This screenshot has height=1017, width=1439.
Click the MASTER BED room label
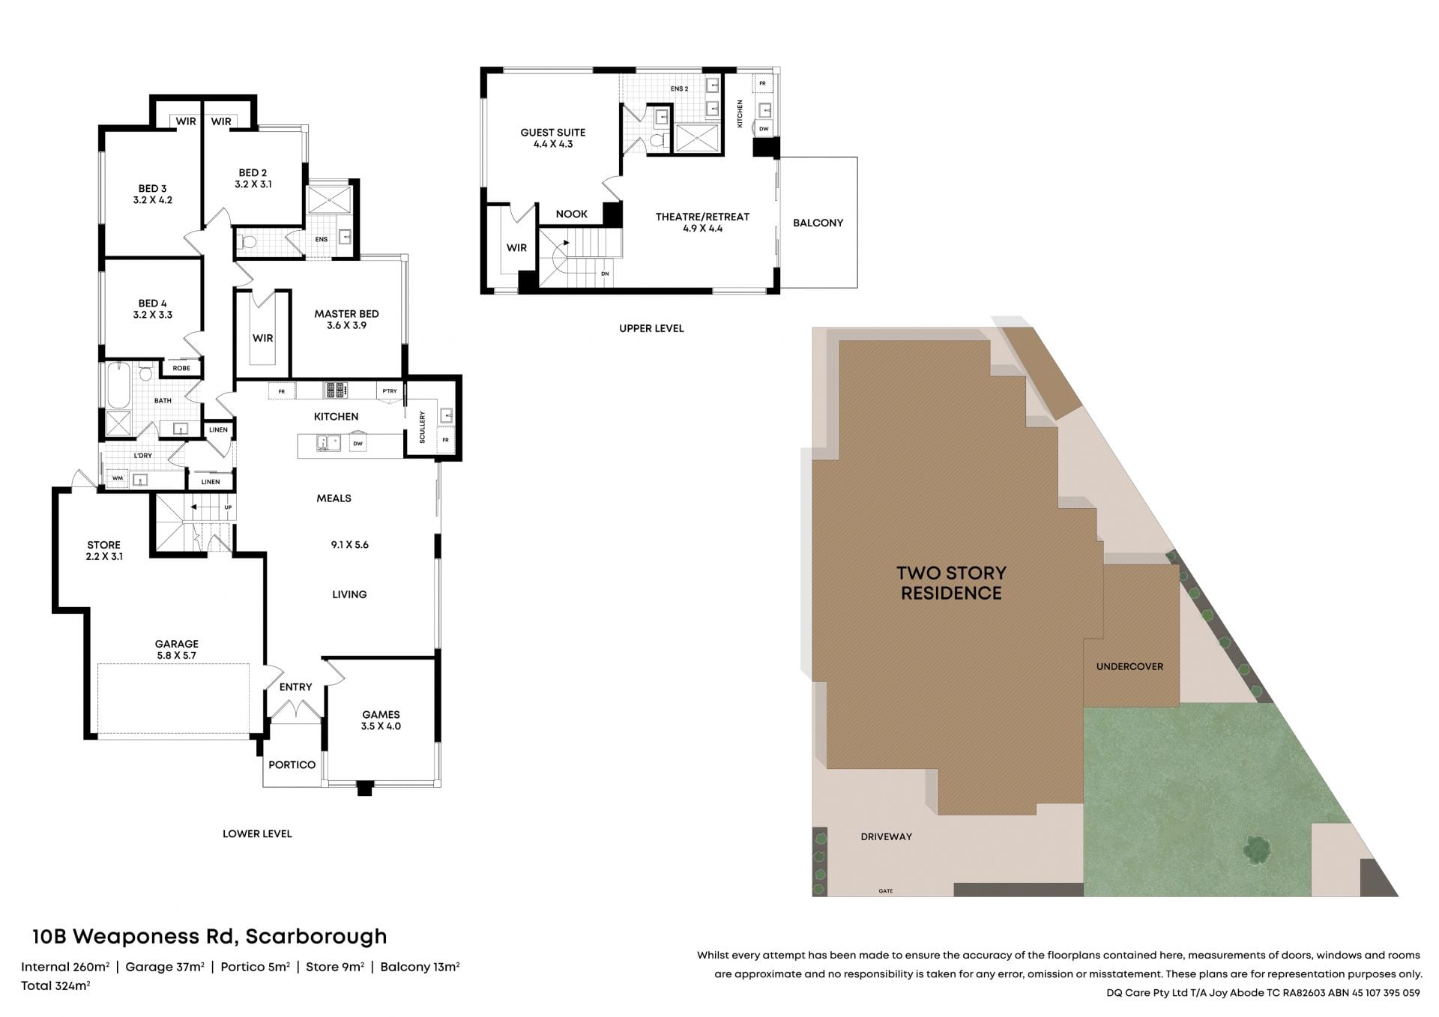coord(346,319)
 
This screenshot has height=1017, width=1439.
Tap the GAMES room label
coord(381,720)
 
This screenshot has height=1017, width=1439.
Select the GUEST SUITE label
coord(553,138)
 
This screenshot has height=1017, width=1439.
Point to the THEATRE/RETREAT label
coord(702,223)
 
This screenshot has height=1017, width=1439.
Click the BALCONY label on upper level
coord(818,223)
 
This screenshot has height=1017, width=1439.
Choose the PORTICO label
coord(292,764)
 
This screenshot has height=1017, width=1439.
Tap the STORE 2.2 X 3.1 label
coord(103,551)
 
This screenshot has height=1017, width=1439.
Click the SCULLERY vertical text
coord(423,427)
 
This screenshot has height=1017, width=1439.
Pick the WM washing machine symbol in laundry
coord(118,478)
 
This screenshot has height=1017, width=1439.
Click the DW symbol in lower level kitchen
coord(358,443)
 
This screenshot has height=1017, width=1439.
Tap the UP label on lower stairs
coord(228,507)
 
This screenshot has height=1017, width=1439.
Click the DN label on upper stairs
coord(605,274)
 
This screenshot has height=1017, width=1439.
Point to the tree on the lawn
coord(1257,849)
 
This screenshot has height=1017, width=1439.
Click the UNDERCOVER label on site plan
coord(1129,666)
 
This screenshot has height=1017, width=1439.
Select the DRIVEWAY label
coord(886,836)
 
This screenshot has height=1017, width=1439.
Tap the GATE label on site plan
coord(886,891)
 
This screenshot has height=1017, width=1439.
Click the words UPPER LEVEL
coord(651,328)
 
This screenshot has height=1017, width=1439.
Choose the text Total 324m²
coord(55,986)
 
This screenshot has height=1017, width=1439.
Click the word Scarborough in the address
coord(316,937)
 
